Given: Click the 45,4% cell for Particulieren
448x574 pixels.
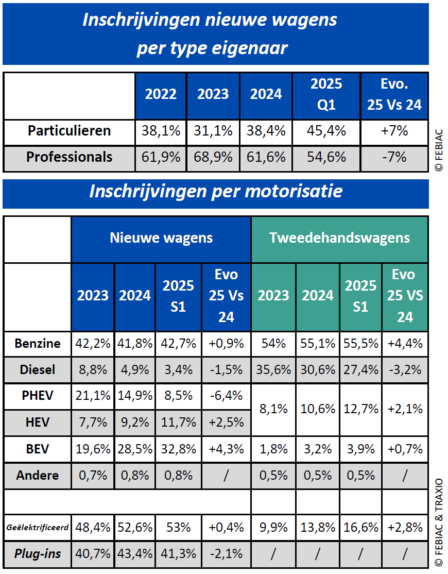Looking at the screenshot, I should pos(326,131).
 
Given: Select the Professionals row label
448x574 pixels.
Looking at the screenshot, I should pos(69,157).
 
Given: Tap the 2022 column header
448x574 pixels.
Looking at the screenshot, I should pos(161,94).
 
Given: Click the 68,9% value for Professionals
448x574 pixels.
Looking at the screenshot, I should pos(213,157).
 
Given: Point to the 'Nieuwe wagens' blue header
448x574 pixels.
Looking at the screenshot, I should pos(161,238).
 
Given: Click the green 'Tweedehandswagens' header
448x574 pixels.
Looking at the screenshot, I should pos(339,238).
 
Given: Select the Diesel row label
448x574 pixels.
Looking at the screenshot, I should pos(38,369).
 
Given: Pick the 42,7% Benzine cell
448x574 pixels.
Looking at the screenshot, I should pos(178,344).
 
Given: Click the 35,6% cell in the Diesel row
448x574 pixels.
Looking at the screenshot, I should pos(273,369).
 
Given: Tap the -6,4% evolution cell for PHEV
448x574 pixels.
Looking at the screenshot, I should pos(226,396).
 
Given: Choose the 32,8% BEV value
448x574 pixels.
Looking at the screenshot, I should pos(178,449).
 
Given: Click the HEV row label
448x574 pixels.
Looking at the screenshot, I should pos(38,423).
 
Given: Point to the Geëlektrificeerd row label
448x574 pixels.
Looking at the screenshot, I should pos(38,528).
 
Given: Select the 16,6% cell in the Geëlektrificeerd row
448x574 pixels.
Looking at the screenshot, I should pos(360,528).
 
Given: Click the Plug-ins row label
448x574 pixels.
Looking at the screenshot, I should pos(38,554).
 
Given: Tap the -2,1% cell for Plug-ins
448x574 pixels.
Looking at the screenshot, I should pos(226,554).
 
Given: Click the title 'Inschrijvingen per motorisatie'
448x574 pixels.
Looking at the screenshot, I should pos(216,191).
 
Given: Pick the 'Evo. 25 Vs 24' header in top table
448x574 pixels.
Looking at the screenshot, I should pos(394,94).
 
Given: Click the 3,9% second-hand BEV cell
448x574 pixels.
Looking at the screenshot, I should pos(360,449).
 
